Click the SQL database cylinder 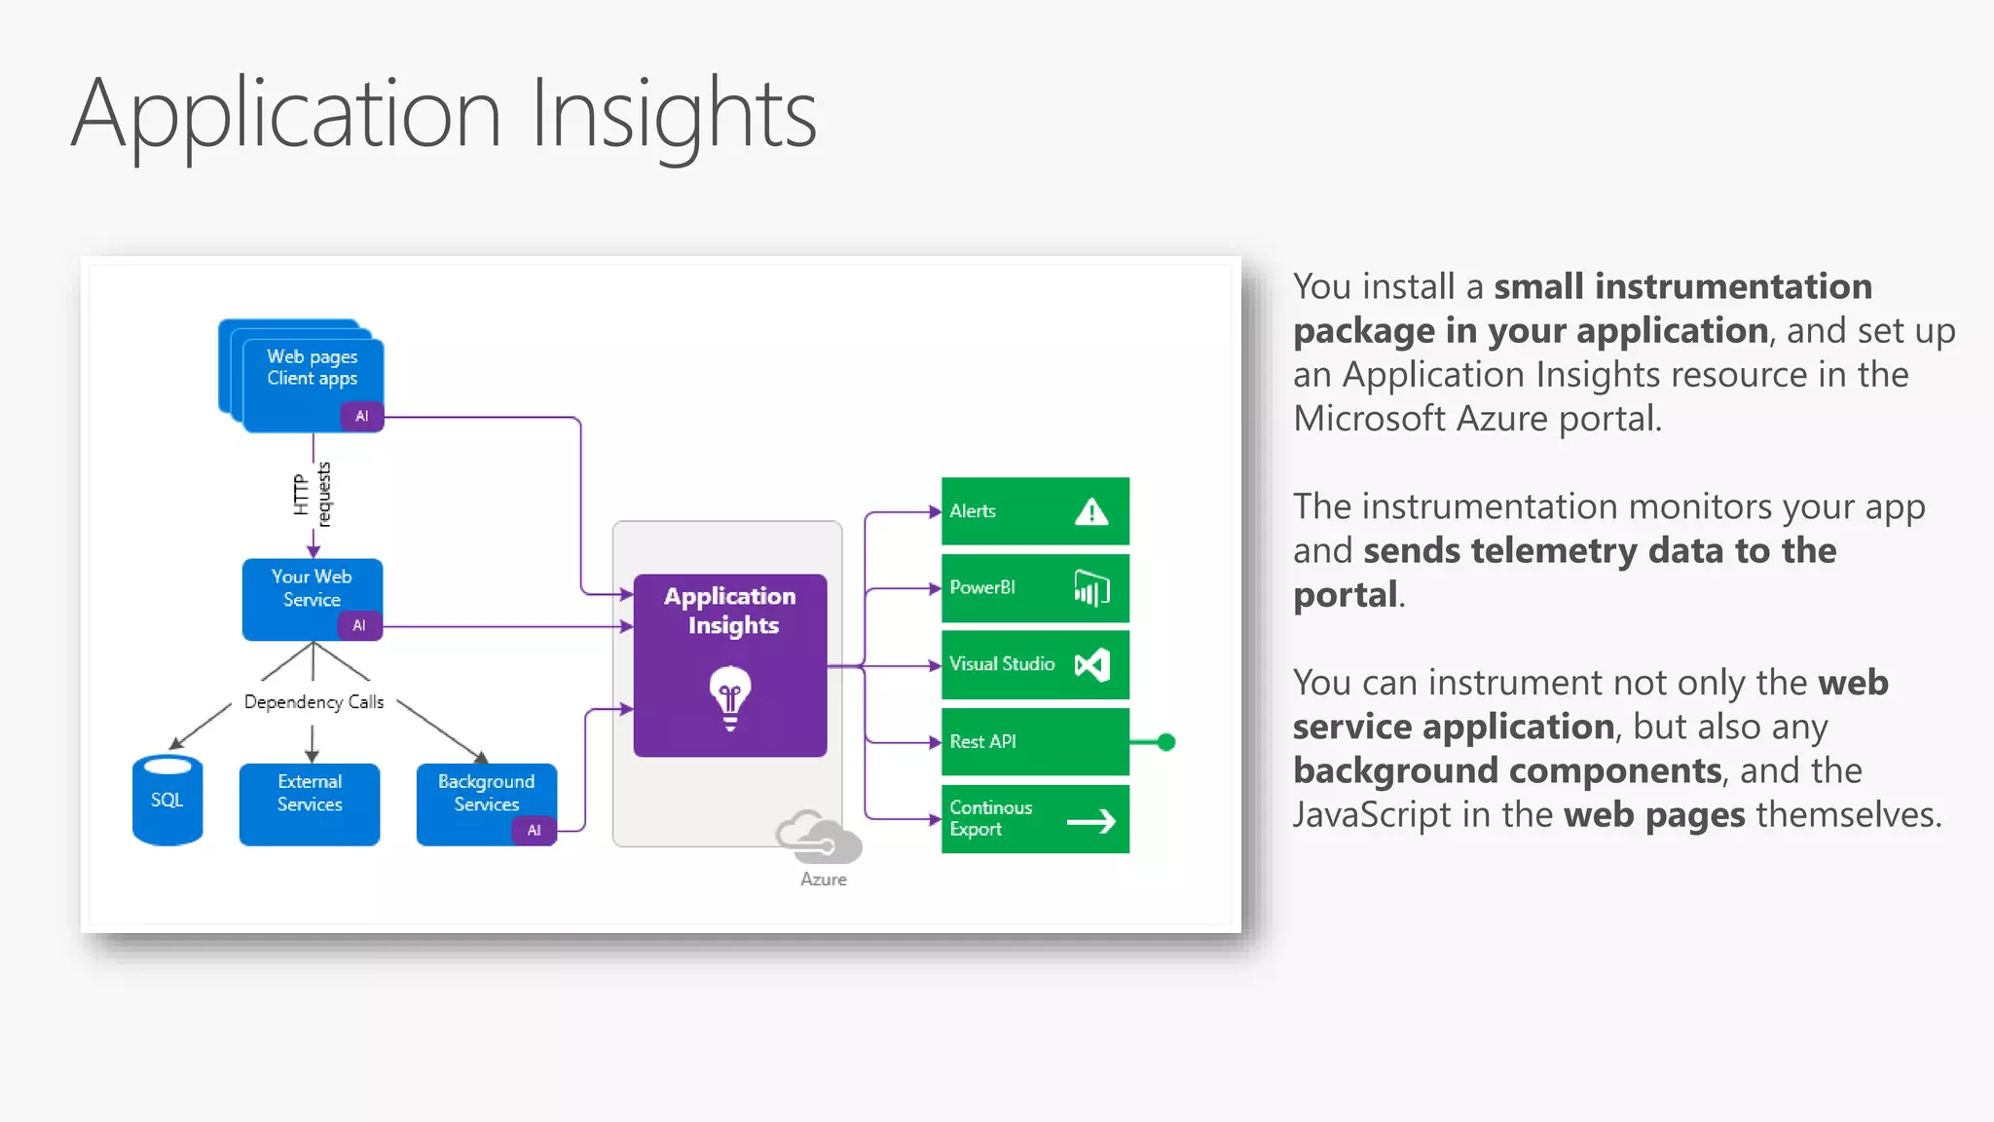167,800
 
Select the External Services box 310,804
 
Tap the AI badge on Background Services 534,830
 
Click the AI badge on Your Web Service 359,625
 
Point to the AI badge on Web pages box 362,416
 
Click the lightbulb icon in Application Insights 730,696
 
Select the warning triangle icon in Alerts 1091,511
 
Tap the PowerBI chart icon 1091,588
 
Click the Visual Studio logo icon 1091,665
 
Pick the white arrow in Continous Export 1091,821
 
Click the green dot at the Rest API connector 1166,742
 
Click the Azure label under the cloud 824,879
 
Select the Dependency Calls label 314,702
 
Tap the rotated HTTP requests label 313,495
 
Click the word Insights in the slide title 674,115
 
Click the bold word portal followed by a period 1345,594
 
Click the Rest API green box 1034,742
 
